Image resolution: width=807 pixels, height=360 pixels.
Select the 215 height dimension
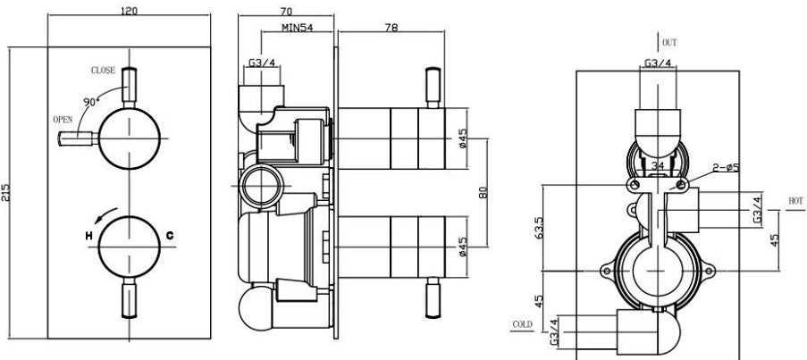pos(7,197)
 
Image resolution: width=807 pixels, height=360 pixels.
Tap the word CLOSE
pos(103,70)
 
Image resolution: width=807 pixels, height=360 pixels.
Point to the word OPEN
pos(63,118)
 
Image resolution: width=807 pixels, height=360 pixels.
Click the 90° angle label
pos(89,102)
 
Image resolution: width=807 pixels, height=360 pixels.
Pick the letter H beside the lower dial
pos(88,236)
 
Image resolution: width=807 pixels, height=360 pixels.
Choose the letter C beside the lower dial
pos(168,236)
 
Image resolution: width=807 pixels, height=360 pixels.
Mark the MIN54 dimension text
pos(297,29)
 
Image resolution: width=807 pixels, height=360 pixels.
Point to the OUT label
pos(669,42)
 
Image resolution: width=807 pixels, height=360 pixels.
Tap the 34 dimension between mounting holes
pos(659,165)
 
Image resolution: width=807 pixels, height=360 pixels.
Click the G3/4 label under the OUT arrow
pos(659,64)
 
